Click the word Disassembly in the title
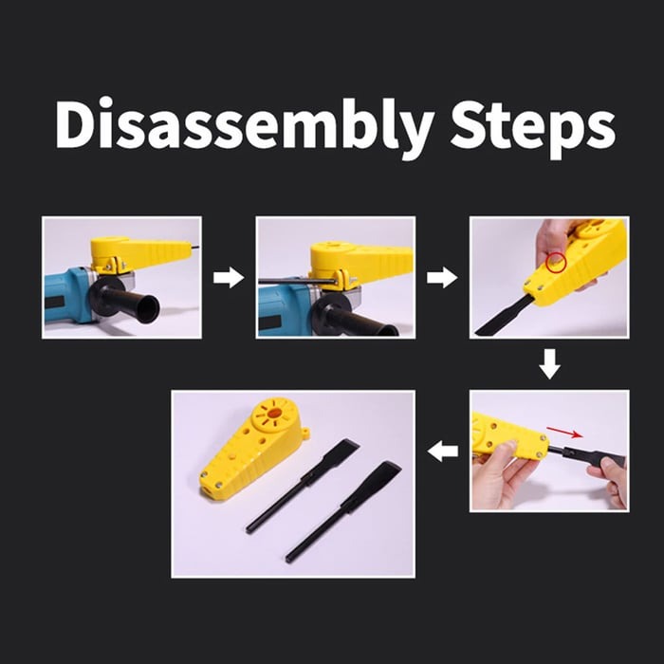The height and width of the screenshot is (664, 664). click(x=245, y=125)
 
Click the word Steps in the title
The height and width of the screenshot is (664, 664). click(x=533, y=128)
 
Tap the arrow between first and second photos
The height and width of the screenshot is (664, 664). click(x=229, y=278)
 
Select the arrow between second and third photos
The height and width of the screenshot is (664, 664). click(x=442, y=278)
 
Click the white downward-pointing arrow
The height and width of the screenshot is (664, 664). click(x=549, y=363)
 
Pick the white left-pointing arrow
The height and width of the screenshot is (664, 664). click(x=443, y=451)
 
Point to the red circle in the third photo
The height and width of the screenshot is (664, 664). click(x=556, y=263)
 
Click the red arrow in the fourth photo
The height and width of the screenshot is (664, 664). click(x=564, y=433)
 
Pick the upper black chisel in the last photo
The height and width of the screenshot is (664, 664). click(x=303, y=485)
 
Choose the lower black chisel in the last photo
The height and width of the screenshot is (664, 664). click(x=343, y=511)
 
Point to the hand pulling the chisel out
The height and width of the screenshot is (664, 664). click(x=608, y=481)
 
